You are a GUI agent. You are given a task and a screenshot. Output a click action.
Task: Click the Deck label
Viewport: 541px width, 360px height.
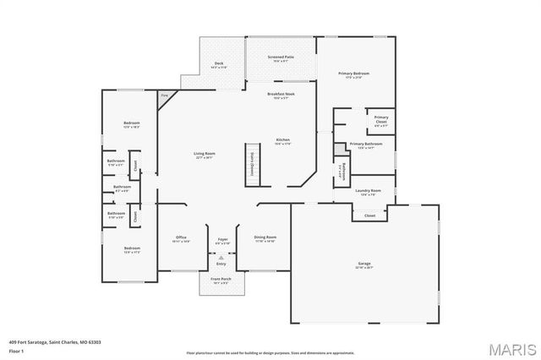point(218,63)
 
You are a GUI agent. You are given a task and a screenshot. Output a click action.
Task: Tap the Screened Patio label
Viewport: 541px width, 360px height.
point(281,57)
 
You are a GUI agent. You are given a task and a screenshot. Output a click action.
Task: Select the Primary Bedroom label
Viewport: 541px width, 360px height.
point(355,74)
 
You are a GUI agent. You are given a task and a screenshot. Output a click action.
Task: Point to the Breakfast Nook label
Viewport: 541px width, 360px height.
point(281,94)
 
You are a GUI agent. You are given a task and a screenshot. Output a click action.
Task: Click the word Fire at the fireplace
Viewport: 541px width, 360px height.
point(164,95)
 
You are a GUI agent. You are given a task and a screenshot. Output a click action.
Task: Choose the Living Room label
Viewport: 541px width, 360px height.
point(204,154)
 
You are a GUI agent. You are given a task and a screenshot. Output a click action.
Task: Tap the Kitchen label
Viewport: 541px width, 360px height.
point(283,139)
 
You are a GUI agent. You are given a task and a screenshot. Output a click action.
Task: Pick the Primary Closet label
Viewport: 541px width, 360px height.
point(381,117)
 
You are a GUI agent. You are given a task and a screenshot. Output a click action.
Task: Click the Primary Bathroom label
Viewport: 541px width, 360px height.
point(366,144)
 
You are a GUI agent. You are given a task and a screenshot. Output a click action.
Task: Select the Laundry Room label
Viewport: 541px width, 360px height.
point(368,191)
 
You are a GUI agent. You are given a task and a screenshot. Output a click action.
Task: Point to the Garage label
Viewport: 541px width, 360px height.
point(363,264)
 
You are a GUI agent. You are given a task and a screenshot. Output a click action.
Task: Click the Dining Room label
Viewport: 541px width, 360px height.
point(265,237)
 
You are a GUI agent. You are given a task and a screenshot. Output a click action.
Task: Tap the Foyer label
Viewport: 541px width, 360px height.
point(222,238)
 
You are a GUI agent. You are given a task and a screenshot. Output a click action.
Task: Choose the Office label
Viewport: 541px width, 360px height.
point(181,237)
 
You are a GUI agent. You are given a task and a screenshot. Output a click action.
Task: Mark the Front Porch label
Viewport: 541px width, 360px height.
point(221,281)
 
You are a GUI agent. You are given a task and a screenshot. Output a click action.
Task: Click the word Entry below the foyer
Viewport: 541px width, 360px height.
point(221,264)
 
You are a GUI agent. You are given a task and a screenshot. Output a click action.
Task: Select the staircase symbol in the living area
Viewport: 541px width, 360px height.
point(251,161)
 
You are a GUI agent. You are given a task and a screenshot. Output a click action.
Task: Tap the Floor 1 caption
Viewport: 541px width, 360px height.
point(16,350)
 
